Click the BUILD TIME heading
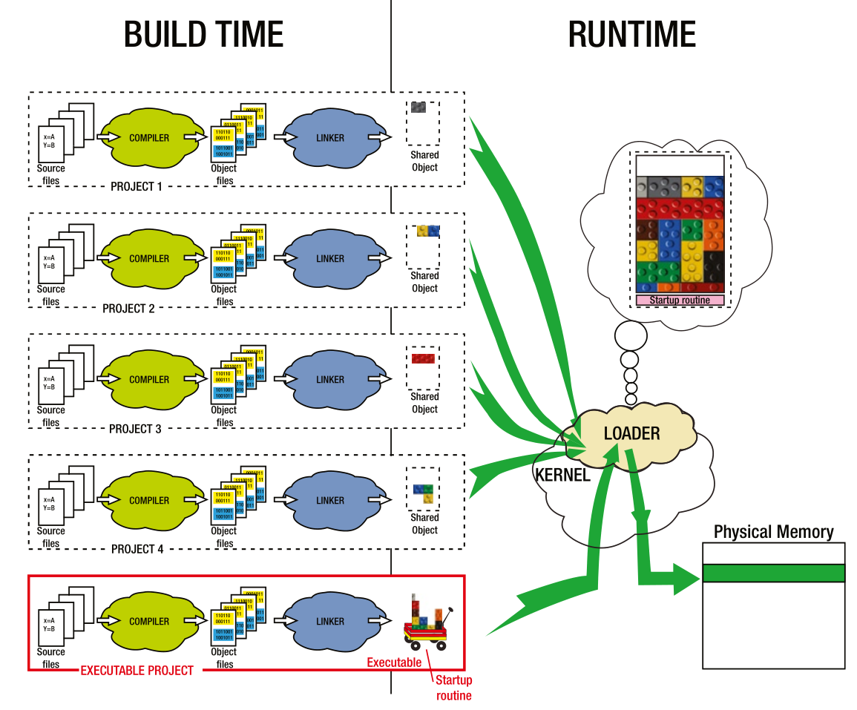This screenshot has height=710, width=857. (203, 35)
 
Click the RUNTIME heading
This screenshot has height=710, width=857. (631, 35)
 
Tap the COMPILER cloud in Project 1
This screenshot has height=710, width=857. (149, 138)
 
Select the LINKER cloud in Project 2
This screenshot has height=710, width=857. (330, 259)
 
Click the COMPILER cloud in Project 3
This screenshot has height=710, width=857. (149, 380)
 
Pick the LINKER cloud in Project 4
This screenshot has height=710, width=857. (330, 501)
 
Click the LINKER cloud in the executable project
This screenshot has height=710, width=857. (330, 622)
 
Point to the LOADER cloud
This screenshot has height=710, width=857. (631, 433)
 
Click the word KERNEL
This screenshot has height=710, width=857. (562, 476)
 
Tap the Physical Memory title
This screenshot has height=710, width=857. (773, 532)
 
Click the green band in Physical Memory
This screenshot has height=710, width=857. (773, 573)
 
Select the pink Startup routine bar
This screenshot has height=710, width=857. (680, 300)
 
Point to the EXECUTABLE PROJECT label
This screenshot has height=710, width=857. (137, 671)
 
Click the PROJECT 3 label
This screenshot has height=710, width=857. (135, 429)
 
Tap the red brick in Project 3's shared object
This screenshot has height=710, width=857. (423, 359)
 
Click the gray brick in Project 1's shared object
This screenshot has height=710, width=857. (418, 107)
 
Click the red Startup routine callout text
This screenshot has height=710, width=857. (453, 688)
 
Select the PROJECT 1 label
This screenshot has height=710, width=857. (136, 187)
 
